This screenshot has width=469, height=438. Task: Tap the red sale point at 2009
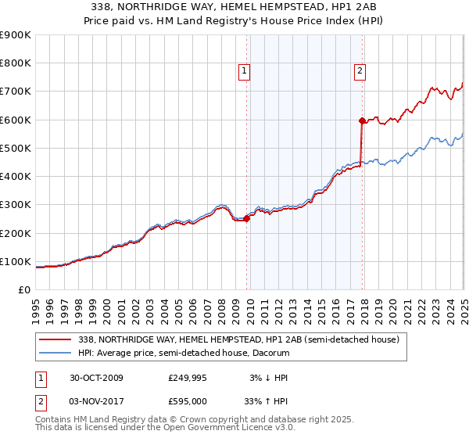click(247, 219)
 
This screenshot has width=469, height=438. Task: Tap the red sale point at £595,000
click(362, 120)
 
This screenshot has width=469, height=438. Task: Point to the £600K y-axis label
click(16, 120)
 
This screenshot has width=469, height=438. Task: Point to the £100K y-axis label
click(16, 261)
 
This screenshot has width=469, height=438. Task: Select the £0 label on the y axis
click(24, 289)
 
